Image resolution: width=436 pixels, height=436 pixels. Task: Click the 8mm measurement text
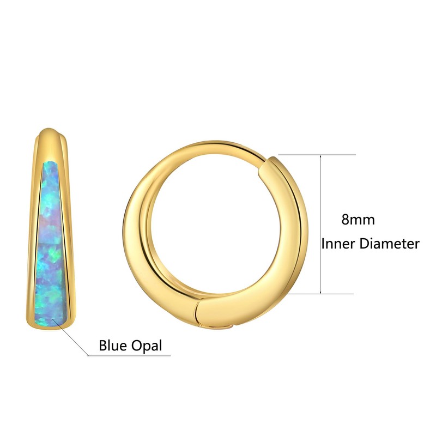358,220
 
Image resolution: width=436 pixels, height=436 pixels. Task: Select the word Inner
338,243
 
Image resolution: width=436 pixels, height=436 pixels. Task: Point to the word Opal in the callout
147,346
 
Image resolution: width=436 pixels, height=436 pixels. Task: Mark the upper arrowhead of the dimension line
322,158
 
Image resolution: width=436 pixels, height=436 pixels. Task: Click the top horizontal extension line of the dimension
316,155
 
